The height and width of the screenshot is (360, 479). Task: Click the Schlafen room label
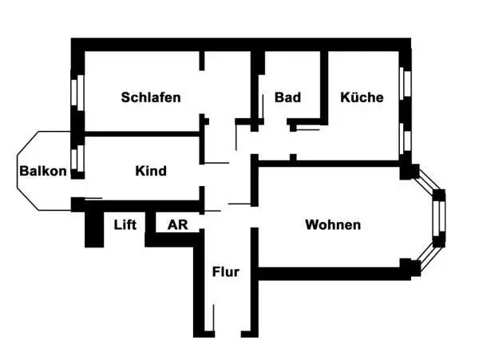pyautogui.click(x=151, y=97)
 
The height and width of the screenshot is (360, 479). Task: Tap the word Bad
pyautogui.click(x=287, y=97)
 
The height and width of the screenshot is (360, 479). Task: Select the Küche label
pyautogui.click(x=362, y=97)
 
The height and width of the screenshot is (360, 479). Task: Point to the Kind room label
pyautogui.click(x=151, y=171)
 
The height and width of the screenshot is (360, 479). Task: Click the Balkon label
pyautogui.click(x=43, y=171)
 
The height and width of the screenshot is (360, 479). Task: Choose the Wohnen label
pyautogui.click(x=333, y=225)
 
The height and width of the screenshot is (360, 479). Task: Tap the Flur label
pyautogui.click(x=225, y=271)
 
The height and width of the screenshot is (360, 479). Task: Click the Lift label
pyautogui.click(x=125, y=224)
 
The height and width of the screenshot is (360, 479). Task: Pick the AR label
pyautogui.click(x=177, y=224)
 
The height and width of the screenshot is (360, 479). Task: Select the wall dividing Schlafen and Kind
pyautogui.click(x=140, y=133)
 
